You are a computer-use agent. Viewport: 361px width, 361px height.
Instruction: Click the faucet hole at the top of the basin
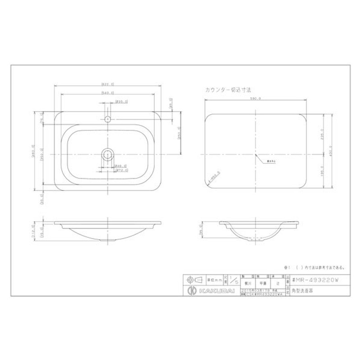(x=107, y=120)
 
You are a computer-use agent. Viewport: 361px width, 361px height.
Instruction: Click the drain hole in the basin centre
(x=107, y=154)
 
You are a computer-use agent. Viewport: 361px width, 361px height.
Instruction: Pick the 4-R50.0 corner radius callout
(x=214, y=180)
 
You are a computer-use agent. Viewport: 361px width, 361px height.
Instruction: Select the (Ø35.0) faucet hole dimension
(x=122, y=101)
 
